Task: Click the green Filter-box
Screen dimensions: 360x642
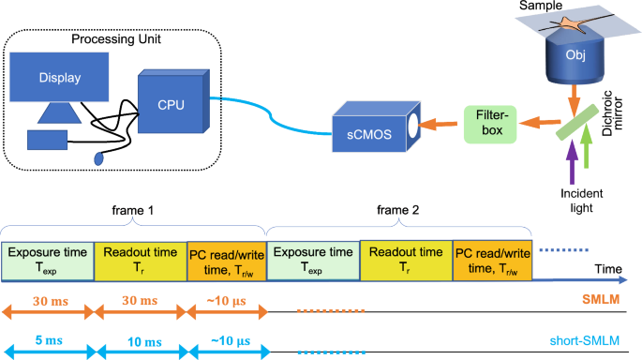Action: [487, 121]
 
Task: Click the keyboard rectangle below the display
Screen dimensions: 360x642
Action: [46, 141]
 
